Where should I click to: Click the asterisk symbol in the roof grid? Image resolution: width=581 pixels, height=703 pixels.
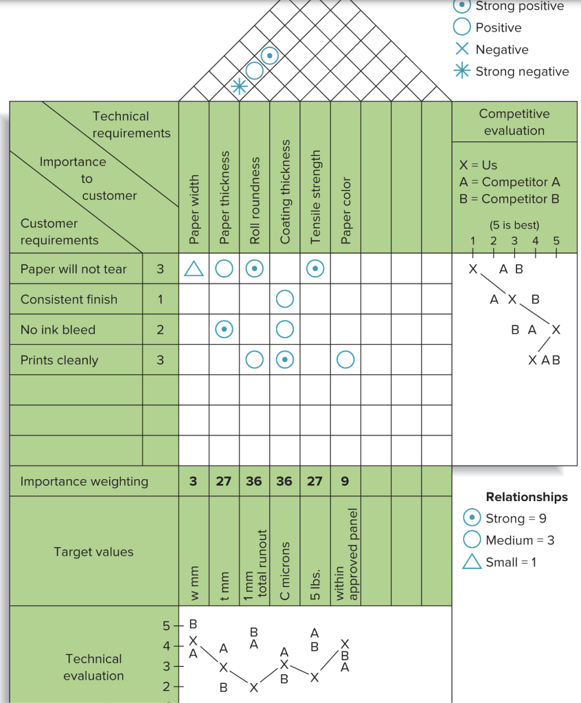pyautogui.click(x=238, y=86)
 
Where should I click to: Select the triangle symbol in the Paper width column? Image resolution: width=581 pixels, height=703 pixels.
pyautogui.click(x=194, y=269)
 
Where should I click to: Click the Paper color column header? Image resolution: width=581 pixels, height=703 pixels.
pyautogui.click(x=345, y=210)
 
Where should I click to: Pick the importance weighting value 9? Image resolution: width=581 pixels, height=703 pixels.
pyautogui.click(x=345, y=481)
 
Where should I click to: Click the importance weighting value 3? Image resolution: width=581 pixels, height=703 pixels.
pyautogui.click(x=193, y=481)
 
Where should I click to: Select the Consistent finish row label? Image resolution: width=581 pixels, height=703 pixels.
pyautogui.click(x=69, y=299)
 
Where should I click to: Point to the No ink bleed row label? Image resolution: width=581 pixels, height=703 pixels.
pyautogui.click(x=58, y=330)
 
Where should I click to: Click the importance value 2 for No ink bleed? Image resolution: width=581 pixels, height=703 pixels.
pyautogui.click(x=160, y=330)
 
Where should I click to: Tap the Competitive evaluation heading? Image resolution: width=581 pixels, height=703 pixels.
pyautogui.click(x=514, y=122)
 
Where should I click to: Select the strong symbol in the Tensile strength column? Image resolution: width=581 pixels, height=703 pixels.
pyautogui.click(x=315, y=269)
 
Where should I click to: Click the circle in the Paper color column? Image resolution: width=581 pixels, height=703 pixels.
pyautogui.click(x=345, y=360)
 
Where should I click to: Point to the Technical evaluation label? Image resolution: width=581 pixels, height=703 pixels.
pyautogui.click(x=93, y=667)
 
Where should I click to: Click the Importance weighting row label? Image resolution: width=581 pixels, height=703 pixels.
pyautogui.click(x=84, y=481)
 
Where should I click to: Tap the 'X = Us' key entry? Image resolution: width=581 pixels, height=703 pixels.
pyautogui.click(x=478, y=165)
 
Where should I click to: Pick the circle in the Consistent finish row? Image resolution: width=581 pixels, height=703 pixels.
pyautogui.click(x=285, y=299)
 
